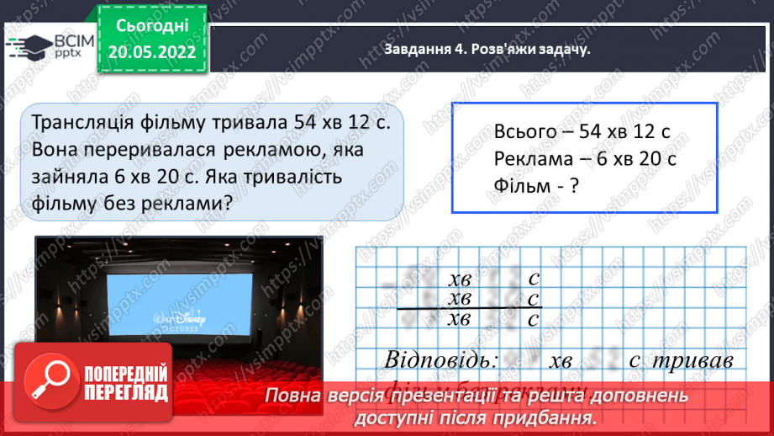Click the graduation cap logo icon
(29, 45)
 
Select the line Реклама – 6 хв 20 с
(585, 158)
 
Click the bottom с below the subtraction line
(532, 319)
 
